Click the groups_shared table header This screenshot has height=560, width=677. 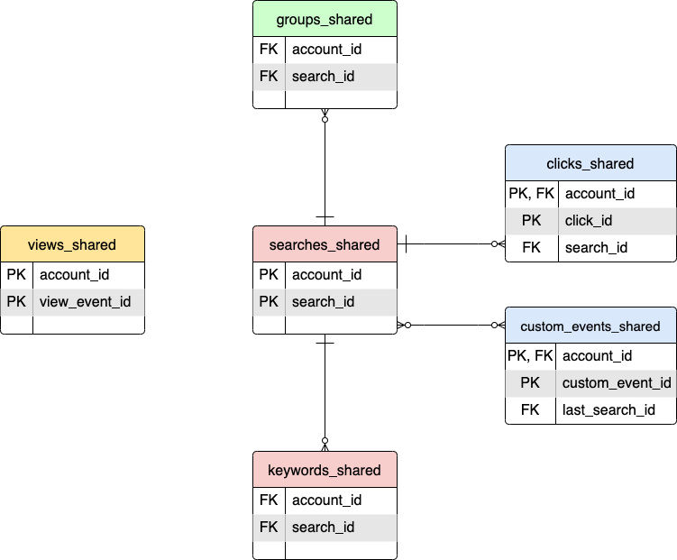[325, 19]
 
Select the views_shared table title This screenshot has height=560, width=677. [72, 244]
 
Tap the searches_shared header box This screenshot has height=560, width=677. [325, 244]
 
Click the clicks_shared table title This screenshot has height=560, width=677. [590, 163]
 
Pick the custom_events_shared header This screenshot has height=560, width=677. [590, 326]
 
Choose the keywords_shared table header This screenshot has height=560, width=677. [325, 470]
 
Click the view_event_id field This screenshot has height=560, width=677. [86, 301]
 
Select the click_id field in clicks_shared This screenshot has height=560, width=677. [589, 220]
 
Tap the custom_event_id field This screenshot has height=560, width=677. [617, 382]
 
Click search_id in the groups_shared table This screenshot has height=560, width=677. [323, 77]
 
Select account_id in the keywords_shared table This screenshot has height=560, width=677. [326, 500]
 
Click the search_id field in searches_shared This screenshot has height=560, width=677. [323, 301]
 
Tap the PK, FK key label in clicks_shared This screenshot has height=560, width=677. [530, 193]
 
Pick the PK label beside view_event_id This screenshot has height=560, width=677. [16, 301]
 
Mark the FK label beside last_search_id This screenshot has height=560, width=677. [530, 409]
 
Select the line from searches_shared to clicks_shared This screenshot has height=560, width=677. [451, 243]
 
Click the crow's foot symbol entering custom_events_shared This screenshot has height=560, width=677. [497, 325]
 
